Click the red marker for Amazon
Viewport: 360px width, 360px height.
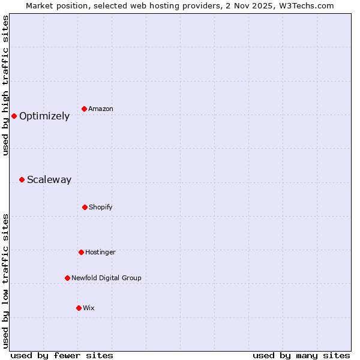click(x=84, y=109)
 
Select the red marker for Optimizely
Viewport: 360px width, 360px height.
click(x=14, y=116)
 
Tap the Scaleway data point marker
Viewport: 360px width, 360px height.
click(x=22, y=179)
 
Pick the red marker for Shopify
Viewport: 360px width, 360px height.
click(x=85, y=207)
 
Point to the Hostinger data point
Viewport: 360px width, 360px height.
click(x=81, y=252)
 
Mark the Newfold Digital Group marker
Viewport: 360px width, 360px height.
click(x=67, y=278)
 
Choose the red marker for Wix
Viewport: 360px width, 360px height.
click(x=79, y=308)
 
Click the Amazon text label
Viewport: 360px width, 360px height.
click(x=101, y=109)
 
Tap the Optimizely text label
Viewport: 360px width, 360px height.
click(x=44, y=116)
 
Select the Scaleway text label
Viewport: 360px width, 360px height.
click(x=49, y=180)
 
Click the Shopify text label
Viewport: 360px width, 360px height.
click(x=101, y=207)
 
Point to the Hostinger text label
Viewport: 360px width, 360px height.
click(x=100, y=252)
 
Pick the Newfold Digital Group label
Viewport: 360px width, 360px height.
click(x=106, y=278)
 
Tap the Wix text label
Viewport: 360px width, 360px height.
click(x=89, y=308)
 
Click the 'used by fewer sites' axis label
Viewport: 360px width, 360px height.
click(x=62, y=355)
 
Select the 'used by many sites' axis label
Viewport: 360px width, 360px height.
click(x=301, y=355)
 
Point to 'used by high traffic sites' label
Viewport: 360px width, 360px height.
click(x=5, y=85)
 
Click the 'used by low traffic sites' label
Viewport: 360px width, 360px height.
click(x=5, y=281)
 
